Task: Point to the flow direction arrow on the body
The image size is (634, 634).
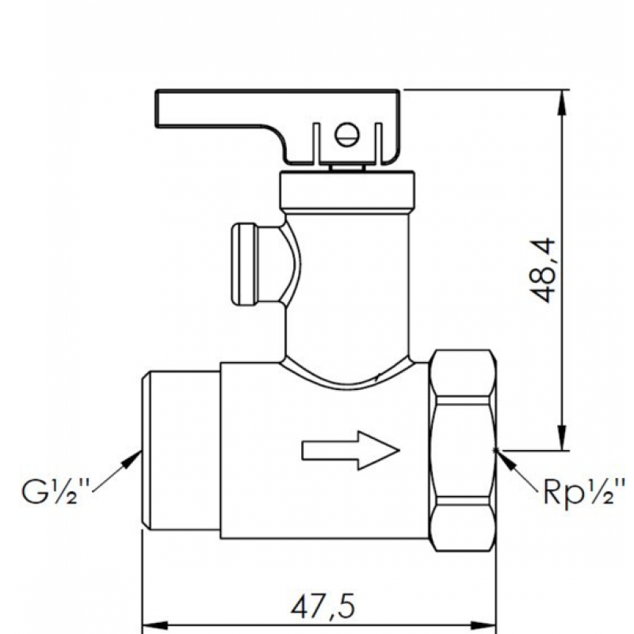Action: coord(349,449)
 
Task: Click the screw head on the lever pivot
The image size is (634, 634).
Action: coord(346,134)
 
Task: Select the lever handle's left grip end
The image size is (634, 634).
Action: coord(170,109)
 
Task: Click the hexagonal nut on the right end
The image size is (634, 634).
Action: coord(462,448)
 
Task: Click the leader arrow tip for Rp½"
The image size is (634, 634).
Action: coord(497,452)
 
